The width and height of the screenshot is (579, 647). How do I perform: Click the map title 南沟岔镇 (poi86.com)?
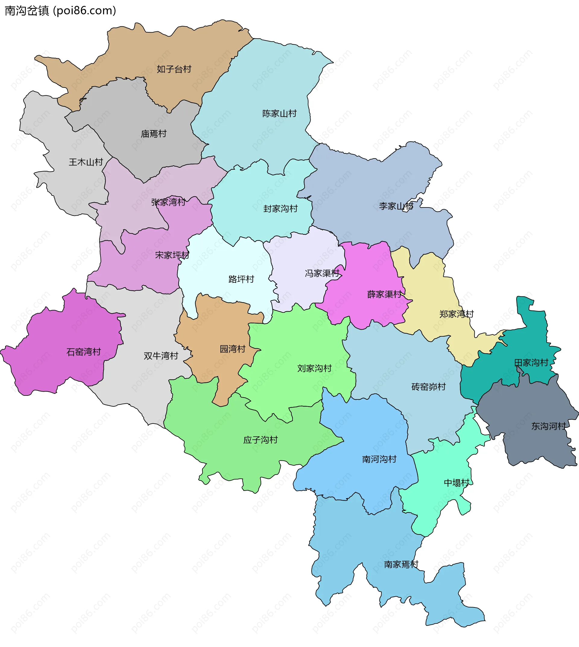(x=60, y=11)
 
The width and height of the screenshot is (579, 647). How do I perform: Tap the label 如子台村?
(x=174, y=69)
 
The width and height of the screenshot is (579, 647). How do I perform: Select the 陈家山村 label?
(x=279, y=114)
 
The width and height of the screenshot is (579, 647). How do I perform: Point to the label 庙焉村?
(x=154, y=134)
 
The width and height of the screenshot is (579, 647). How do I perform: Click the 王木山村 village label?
(x=86, y=162)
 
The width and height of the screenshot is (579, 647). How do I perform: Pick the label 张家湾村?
(x=168, y=202)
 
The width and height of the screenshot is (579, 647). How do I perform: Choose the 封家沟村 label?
(x=280, y=209)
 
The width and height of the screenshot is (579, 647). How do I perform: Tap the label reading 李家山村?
(x=396, y=206)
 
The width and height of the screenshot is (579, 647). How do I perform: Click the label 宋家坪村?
(x=172, y=255)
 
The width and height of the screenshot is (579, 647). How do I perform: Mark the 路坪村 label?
(x=241, y=279)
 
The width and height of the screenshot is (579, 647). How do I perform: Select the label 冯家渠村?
(x=322, y=273)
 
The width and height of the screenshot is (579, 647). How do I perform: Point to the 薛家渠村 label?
(x=384, y=294)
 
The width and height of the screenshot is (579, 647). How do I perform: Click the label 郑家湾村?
(x=457, y=314)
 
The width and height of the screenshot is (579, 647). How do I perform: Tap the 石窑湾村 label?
(x=84, y=352)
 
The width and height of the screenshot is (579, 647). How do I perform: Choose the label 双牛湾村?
(x=161, y=356)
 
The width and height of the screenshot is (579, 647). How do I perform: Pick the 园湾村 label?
(x=233, y=349)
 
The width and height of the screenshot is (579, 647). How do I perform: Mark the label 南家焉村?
(x=401, y=565)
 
